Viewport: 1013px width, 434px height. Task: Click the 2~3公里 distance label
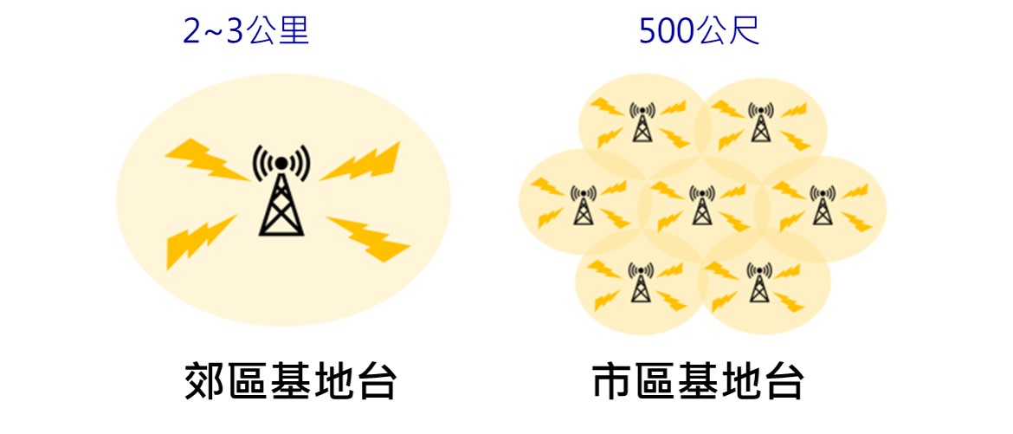(x=246, y=31)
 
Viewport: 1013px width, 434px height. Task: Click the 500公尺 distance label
(x=699, y=31)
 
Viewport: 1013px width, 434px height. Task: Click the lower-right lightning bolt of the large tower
(x=368, y=238)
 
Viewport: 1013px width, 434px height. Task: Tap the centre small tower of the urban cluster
(x=702, y=204)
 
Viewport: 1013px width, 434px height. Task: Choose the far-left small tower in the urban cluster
(x=584, y=204)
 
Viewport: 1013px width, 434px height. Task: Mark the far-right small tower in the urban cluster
(x=822, y=204)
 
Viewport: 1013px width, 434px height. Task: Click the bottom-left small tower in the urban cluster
(x=641, y=283)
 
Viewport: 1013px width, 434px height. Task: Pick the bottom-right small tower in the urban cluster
(x=759, y=283)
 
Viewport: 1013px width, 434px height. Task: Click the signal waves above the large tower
(x=281, y=159)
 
